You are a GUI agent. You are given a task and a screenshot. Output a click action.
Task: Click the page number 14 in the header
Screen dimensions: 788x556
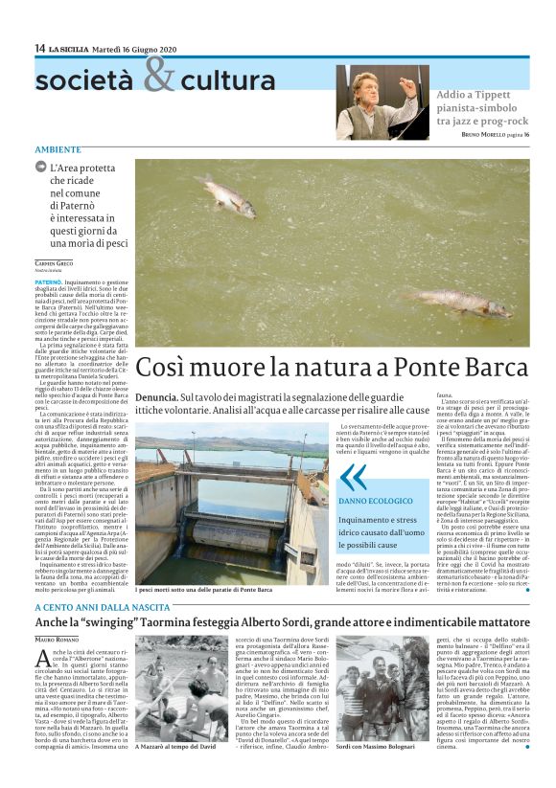click(x=39, y=48)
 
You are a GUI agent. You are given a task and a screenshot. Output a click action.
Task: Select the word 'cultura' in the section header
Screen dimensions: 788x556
click(x=227, y=80)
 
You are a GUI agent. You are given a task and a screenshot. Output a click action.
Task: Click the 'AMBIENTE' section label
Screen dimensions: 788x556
click(x=58, y=149)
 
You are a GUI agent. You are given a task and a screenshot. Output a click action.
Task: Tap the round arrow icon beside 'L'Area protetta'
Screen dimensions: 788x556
click(x=41, y=168)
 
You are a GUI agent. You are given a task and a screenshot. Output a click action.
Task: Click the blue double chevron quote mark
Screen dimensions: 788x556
click(x=353, y=476)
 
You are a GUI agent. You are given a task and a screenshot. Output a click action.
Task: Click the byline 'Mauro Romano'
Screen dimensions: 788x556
click(x=59, y=637)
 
